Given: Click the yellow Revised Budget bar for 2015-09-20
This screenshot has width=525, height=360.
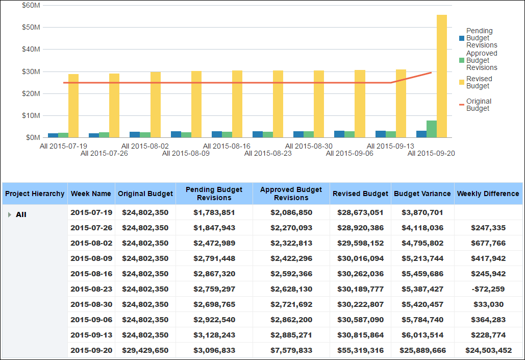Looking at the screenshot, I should coord(442,77).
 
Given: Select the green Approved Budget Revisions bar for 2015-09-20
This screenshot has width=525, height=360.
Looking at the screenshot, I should coord(432,129).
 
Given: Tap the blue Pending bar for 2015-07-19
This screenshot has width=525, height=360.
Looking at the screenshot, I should coord(53,135).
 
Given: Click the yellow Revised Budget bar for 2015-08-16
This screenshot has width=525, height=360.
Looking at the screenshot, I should coord(237,104).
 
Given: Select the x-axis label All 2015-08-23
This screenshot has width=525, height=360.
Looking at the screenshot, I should coord(268,153).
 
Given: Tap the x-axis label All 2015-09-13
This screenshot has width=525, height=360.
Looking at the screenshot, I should coord(390,146).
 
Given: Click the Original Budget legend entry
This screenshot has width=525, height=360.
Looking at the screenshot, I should coord(479,105).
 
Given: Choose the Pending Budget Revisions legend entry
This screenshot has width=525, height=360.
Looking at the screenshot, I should coord(481,38).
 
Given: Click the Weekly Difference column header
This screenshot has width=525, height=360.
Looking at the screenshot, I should coord(488,194).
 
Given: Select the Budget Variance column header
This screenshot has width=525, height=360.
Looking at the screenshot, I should coord(422,194).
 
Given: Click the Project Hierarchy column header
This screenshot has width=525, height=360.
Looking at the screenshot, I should coord(35,194).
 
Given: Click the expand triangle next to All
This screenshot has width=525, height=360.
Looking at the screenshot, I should coord(9,215).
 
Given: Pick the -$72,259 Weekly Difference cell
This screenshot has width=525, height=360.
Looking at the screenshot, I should coord(488,289).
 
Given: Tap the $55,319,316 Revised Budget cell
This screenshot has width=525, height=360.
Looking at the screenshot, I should coord(360,350).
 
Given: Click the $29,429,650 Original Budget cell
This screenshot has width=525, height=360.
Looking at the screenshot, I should coord(145,350).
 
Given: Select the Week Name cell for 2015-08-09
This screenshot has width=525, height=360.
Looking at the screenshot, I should coord(91,258).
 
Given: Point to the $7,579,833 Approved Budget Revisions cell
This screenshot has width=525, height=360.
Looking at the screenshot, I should coord(291,350).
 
